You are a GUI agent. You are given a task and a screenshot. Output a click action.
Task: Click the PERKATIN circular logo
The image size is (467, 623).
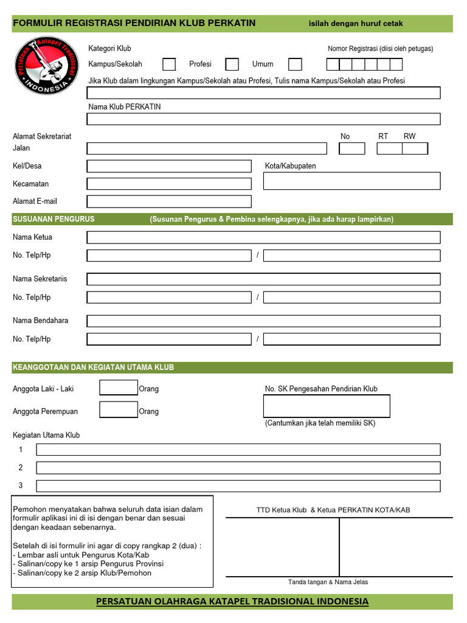click(46, 66)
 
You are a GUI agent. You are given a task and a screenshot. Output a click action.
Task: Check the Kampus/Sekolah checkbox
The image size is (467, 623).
click(169, 64)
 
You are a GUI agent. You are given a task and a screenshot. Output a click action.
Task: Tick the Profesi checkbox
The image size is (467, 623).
click(232, 64)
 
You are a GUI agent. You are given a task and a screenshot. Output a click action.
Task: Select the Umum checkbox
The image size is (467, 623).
click(295, 64)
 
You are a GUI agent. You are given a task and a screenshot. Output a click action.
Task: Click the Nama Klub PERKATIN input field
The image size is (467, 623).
click(264, 119)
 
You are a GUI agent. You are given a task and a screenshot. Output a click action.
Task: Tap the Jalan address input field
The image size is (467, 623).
click(207, 148)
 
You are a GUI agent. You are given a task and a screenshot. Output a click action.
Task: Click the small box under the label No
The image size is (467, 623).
click(351, 148)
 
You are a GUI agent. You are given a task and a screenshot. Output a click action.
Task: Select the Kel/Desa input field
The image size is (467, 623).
click(169, 166)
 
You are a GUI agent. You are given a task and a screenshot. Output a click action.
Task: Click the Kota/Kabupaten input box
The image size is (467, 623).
click(351, 181)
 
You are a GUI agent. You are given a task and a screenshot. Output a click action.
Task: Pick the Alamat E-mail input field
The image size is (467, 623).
click(169, 201)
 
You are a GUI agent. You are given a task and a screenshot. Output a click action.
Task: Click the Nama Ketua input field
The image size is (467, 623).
click(264, 237)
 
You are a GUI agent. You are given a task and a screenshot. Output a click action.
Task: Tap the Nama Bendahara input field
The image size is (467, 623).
click(264, 321)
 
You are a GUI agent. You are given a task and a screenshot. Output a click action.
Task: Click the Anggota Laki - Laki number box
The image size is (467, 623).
click(119, 388)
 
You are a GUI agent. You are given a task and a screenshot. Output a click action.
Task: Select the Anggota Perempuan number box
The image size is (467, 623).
click(119, 410)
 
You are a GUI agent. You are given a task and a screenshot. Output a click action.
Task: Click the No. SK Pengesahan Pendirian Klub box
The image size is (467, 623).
click(327, 406)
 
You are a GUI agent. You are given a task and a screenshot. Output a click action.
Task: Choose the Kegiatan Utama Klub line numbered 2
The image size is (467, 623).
click(238, 468)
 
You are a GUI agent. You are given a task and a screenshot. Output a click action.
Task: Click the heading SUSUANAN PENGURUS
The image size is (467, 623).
click(54, 219)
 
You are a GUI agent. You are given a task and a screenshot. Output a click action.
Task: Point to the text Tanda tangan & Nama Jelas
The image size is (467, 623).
click(328, 582)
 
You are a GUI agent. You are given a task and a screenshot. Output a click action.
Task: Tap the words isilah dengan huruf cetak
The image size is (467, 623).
click(356, 24)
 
